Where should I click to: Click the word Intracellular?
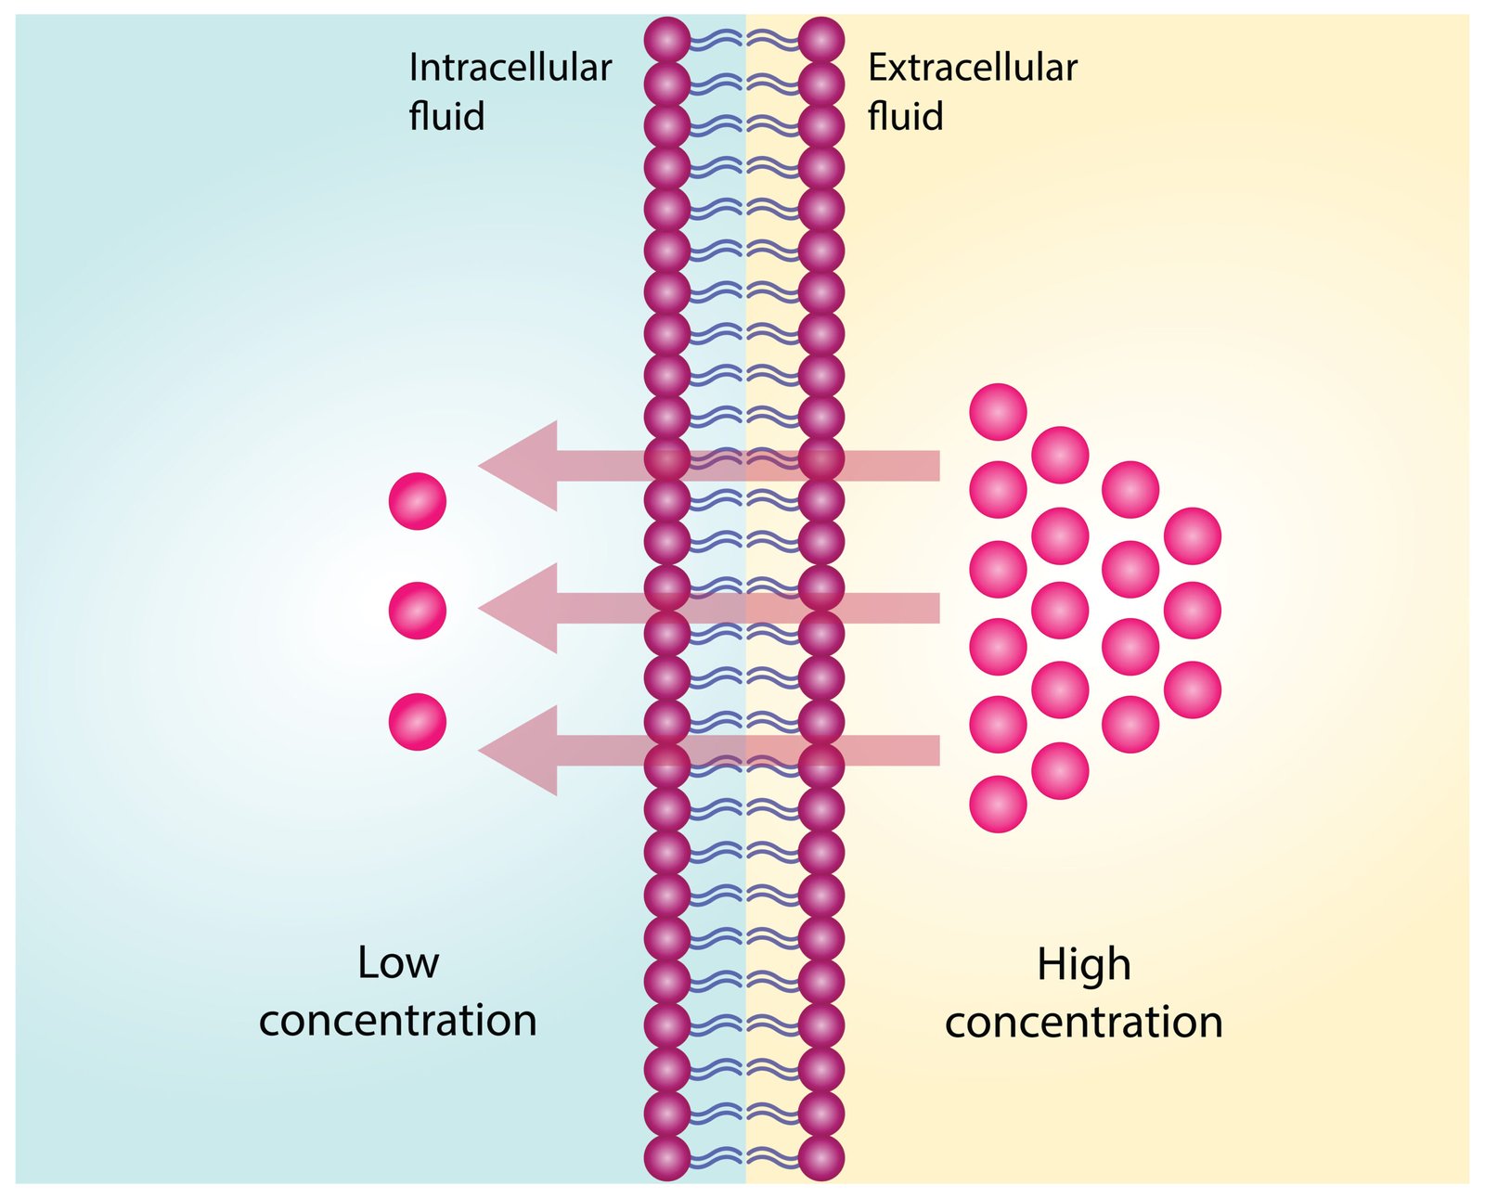[x=510, y=68]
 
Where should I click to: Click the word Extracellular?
[x=972, y=68]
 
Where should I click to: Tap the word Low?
[x=397, y=963]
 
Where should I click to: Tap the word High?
[x=1083, y=964]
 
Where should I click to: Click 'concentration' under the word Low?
[x=397, y=1020]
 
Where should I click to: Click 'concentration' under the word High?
[x=1083, y=1022]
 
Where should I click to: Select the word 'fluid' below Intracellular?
[x=446, y=117]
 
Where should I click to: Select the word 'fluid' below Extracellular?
[x=905, y=117]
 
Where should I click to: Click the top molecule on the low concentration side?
[x=418, y=501]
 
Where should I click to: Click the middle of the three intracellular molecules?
[x=418, y=611]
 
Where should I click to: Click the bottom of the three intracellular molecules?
[x=418, y=721]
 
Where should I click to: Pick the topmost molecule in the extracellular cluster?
[x=998, y=411]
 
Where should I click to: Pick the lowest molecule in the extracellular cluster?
[x=998, y=804]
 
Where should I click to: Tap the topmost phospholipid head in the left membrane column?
[x=667, y=41]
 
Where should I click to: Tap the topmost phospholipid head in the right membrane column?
[x=820, y=41]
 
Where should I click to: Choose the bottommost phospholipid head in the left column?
[x=667, y=1157]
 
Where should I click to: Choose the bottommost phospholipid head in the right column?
[x=820, y=1157]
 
